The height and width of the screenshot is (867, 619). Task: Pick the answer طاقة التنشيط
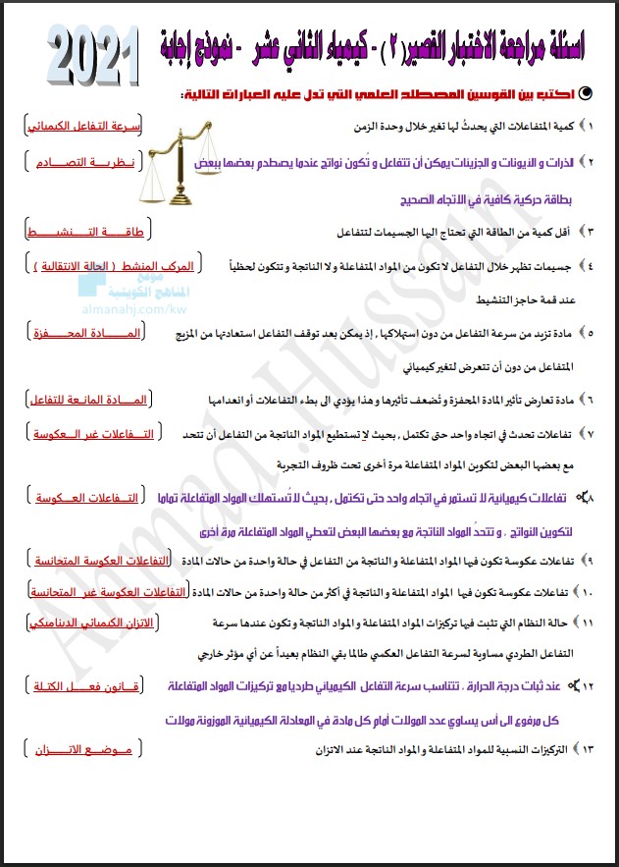click(x=84, y=231)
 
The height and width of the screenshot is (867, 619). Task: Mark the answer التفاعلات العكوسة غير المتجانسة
click(x=83, y=592)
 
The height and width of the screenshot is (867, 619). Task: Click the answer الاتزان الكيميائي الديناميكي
click(x=82, y=623)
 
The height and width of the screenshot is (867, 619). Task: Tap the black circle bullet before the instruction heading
click(x=586, y=93)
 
